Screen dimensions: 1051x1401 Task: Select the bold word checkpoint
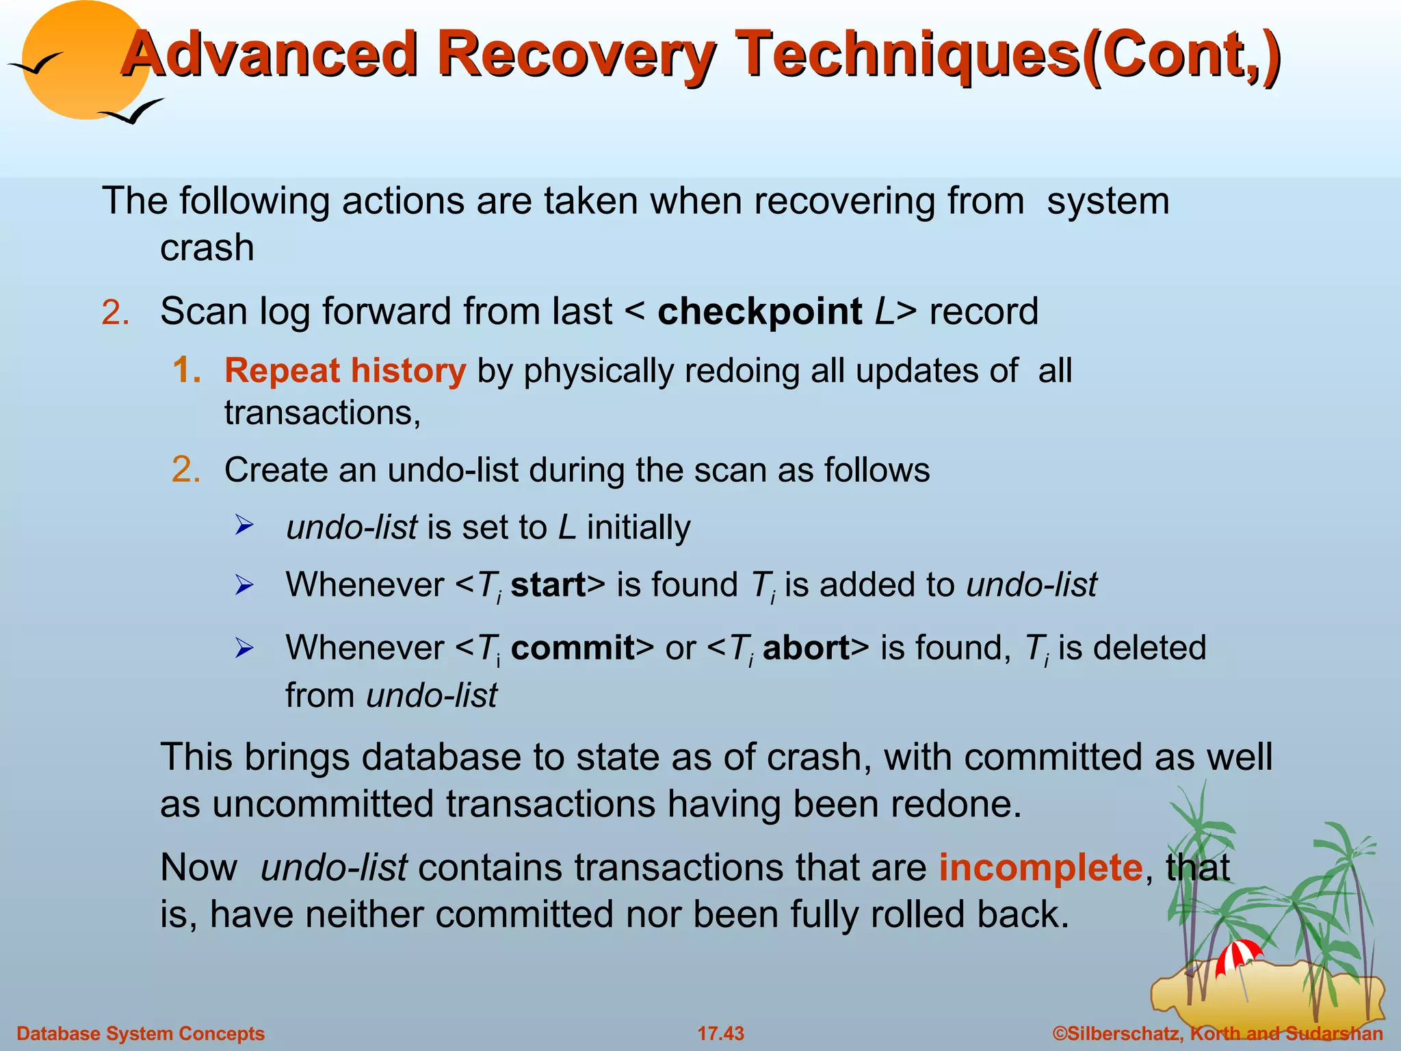pyautogui.click(x=759, y=312)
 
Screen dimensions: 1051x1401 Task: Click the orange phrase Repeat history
pyautogui.click(x=345, y=372)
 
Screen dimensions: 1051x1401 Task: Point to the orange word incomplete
pyautogui.click(x=1040, y=868)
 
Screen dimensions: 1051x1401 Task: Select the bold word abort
pyautogui.click(x=806, y=648)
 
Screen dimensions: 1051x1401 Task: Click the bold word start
pyautogui.click(x=548, y=585)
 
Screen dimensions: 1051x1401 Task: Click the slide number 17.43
pyautogui.click(x=720, y=1033)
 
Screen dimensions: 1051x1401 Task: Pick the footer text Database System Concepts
pyautogui.click(x=140, y=1033)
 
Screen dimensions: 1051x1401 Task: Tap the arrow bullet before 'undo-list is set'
pyautogui.click(x=244, y=526)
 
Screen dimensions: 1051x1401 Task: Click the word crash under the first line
pyautogui.click(x=207, y=248)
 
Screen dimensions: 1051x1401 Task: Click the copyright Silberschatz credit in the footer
pyautogui.click(x=1218, y=1033)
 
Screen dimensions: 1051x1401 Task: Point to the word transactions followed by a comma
pyautogui.click(x=322, y=413)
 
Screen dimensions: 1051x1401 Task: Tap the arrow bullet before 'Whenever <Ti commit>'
pyautogui.click(x=244, y=647)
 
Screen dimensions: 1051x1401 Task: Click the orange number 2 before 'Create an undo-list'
pyautogui.click(x=186, y=470)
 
